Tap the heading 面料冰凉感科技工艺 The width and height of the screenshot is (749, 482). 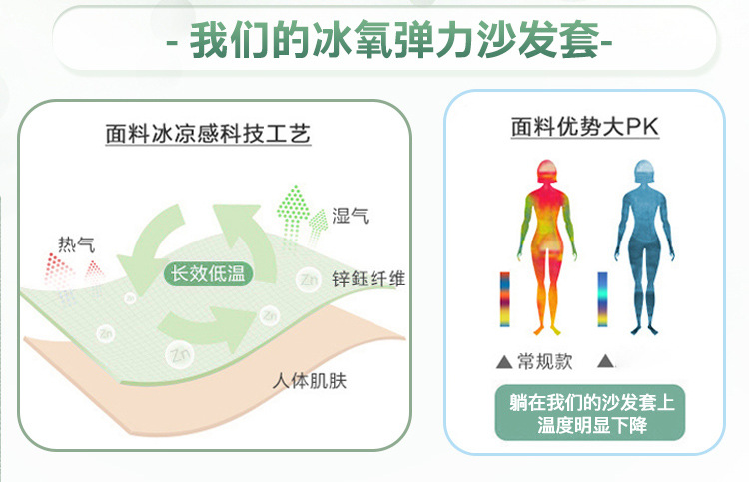[209, 133]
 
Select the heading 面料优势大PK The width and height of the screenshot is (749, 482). [584, 128]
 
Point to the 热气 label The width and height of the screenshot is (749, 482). [76, 242]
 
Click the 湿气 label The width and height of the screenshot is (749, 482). [350, 216]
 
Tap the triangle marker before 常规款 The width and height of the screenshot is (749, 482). [504, 361]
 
